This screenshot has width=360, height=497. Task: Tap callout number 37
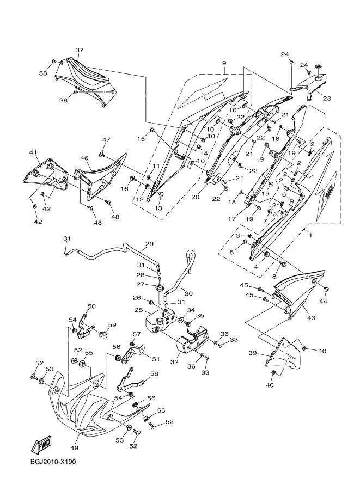[79, 51]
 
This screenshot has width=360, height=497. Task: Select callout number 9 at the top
[224, 63]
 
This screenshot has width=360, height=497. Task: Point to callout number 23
[327, 99]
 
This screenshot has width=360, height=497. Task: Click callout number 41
[33, 152]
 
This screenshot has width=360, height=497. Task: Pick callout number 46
[84, 159]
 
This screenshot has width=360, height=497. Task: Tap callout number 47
[106, 140]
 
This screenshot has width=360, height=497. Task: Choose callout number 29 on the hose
[149, 244]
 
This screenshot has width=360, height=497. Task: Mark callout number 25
[139, 310]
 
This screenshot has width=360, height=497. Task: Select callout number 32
[174, 361]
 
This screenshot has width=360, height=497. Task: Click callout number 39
[252, 353]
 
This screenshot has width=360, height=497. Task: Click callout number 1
[311, 235]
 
